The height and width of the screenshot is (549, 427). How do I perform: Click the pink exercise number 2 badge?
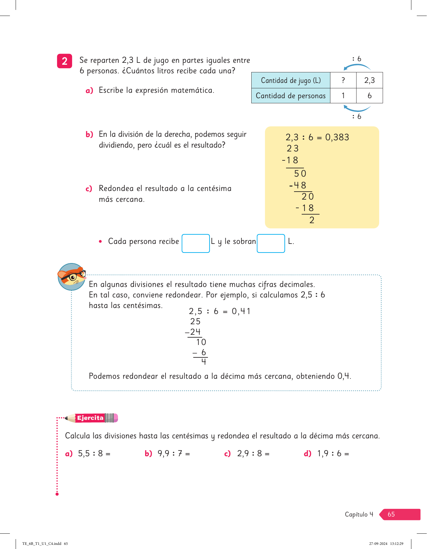[64, 61]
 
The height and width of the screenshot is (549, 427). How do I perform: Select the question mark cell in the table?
[343, 80]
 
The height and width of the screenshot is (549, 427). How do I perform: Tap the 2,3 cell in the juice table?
[369, 80]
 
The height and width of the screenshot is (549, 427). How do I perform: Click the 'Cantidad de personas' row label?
[291, 96]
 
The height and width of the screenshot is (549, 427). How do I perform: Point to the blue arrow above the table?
[357, 66]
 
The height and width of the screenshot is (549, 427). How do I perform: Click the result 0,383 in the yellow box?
[337, 137]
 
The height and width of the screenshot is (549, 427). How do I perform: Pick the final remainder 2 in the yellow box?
[312, 220]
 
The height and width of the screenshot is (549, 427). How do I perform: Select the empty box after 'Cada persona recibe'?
[195, 243]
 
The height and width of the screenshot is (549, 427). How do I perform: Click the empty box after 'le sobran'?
[271, 243]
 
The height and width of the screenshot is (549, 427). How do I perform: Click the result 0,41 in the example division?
[241, 311]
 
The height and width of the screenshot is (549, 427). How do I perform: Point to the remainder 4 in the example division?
[204, 362]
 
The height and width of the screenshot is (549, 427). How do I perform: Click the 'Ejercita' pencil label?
[91, 418]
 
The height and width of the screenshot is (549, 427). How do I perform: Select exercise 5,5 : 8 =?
[94, 453]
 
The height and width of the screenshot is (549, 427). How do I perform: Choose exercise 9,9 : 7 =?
[173, 453]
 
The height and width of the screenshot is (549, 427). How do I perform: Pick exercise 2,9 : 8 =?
[253, 453]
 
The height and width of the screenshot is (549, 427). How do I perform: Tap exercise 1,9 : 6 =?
[333, 453]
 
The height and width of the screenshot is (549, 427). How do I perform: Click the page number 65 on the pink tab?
[391, 514]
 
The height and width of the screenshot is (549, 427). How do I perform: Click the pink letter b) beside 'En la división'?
[89, 135]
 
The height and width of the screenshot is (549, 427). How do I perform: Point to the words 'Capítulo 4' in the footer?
[359, 514]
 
